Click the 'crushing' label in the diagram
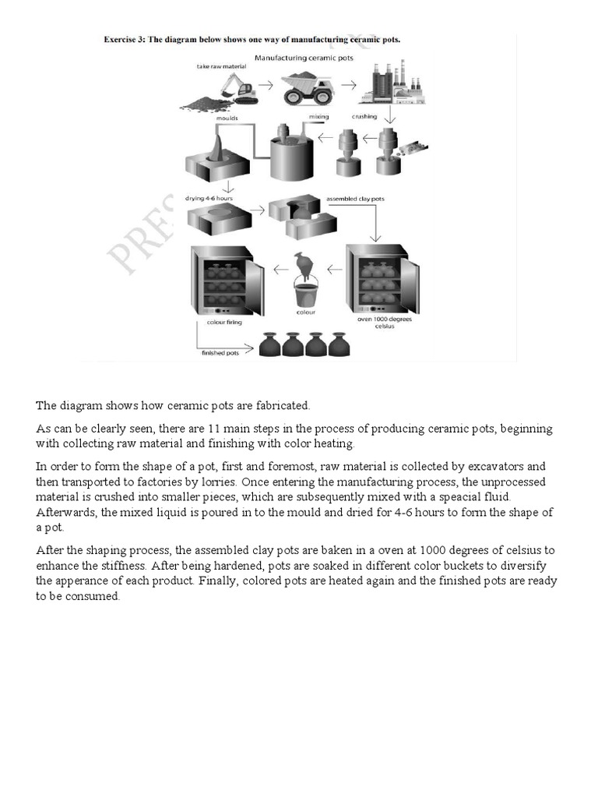364,117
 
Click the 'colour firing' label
225,320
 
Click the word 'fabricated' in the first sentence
283,405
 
